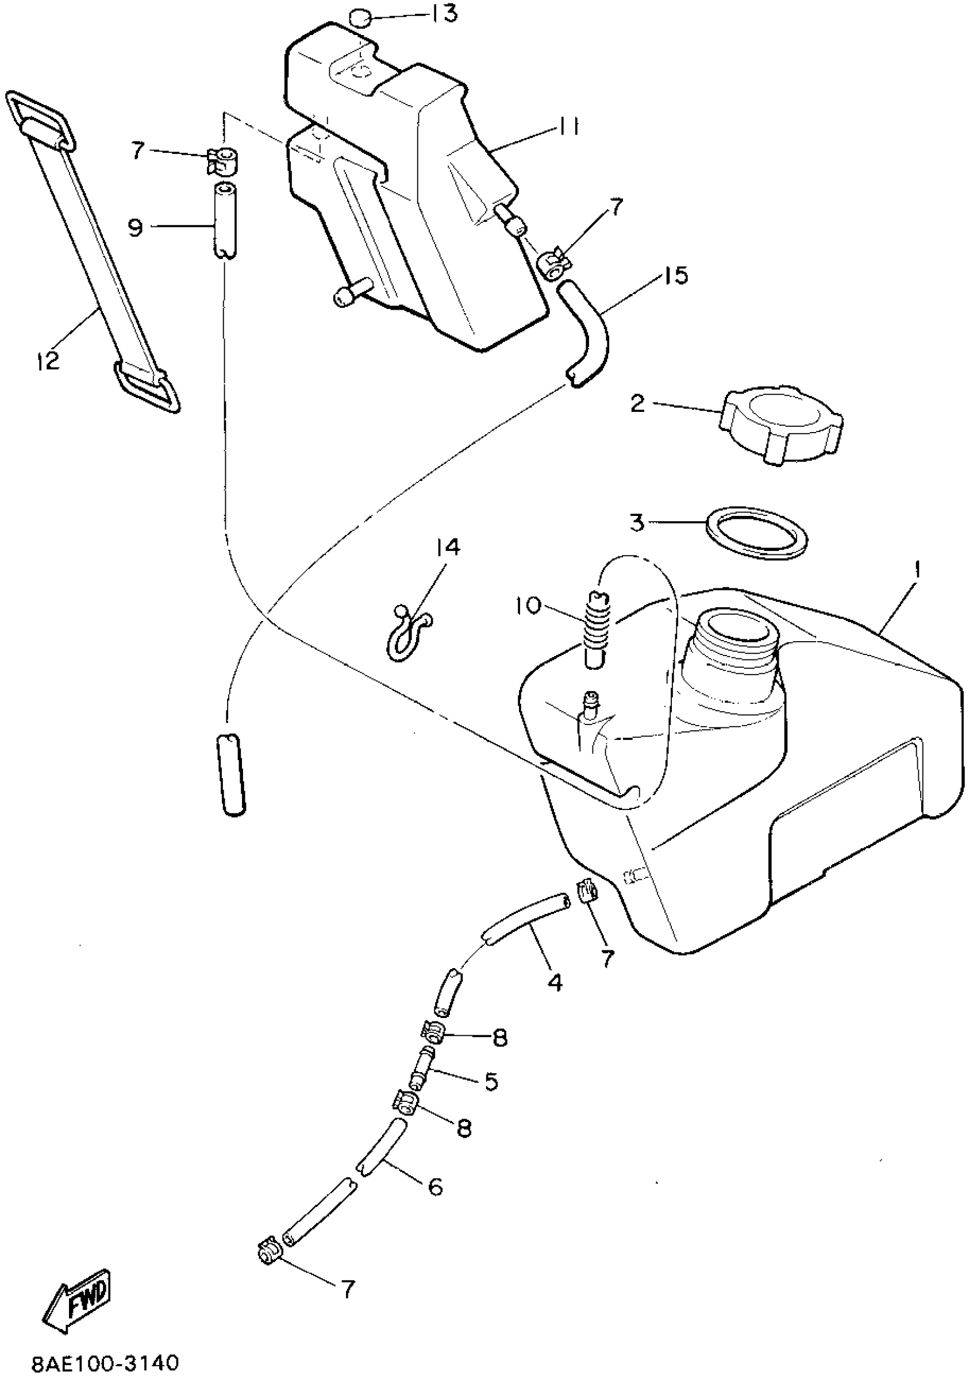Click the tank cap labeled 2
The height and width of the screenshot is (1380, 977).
782,425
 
